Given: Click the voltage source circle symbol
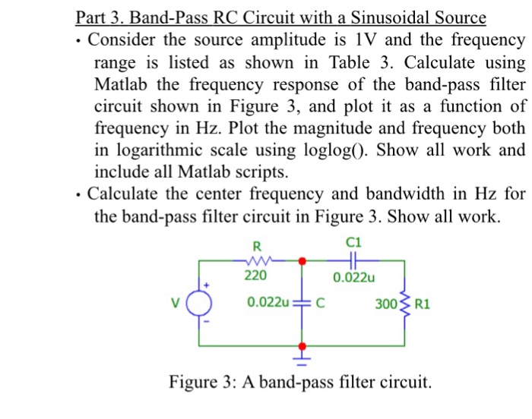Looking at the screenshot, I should (201, 307).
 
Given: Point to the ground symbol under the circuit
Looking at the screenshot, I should (303, 354).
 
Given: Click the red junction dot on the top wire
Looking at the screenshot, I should (303, 260).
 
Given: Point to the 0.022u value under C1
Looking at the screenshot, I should (354, 277).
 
